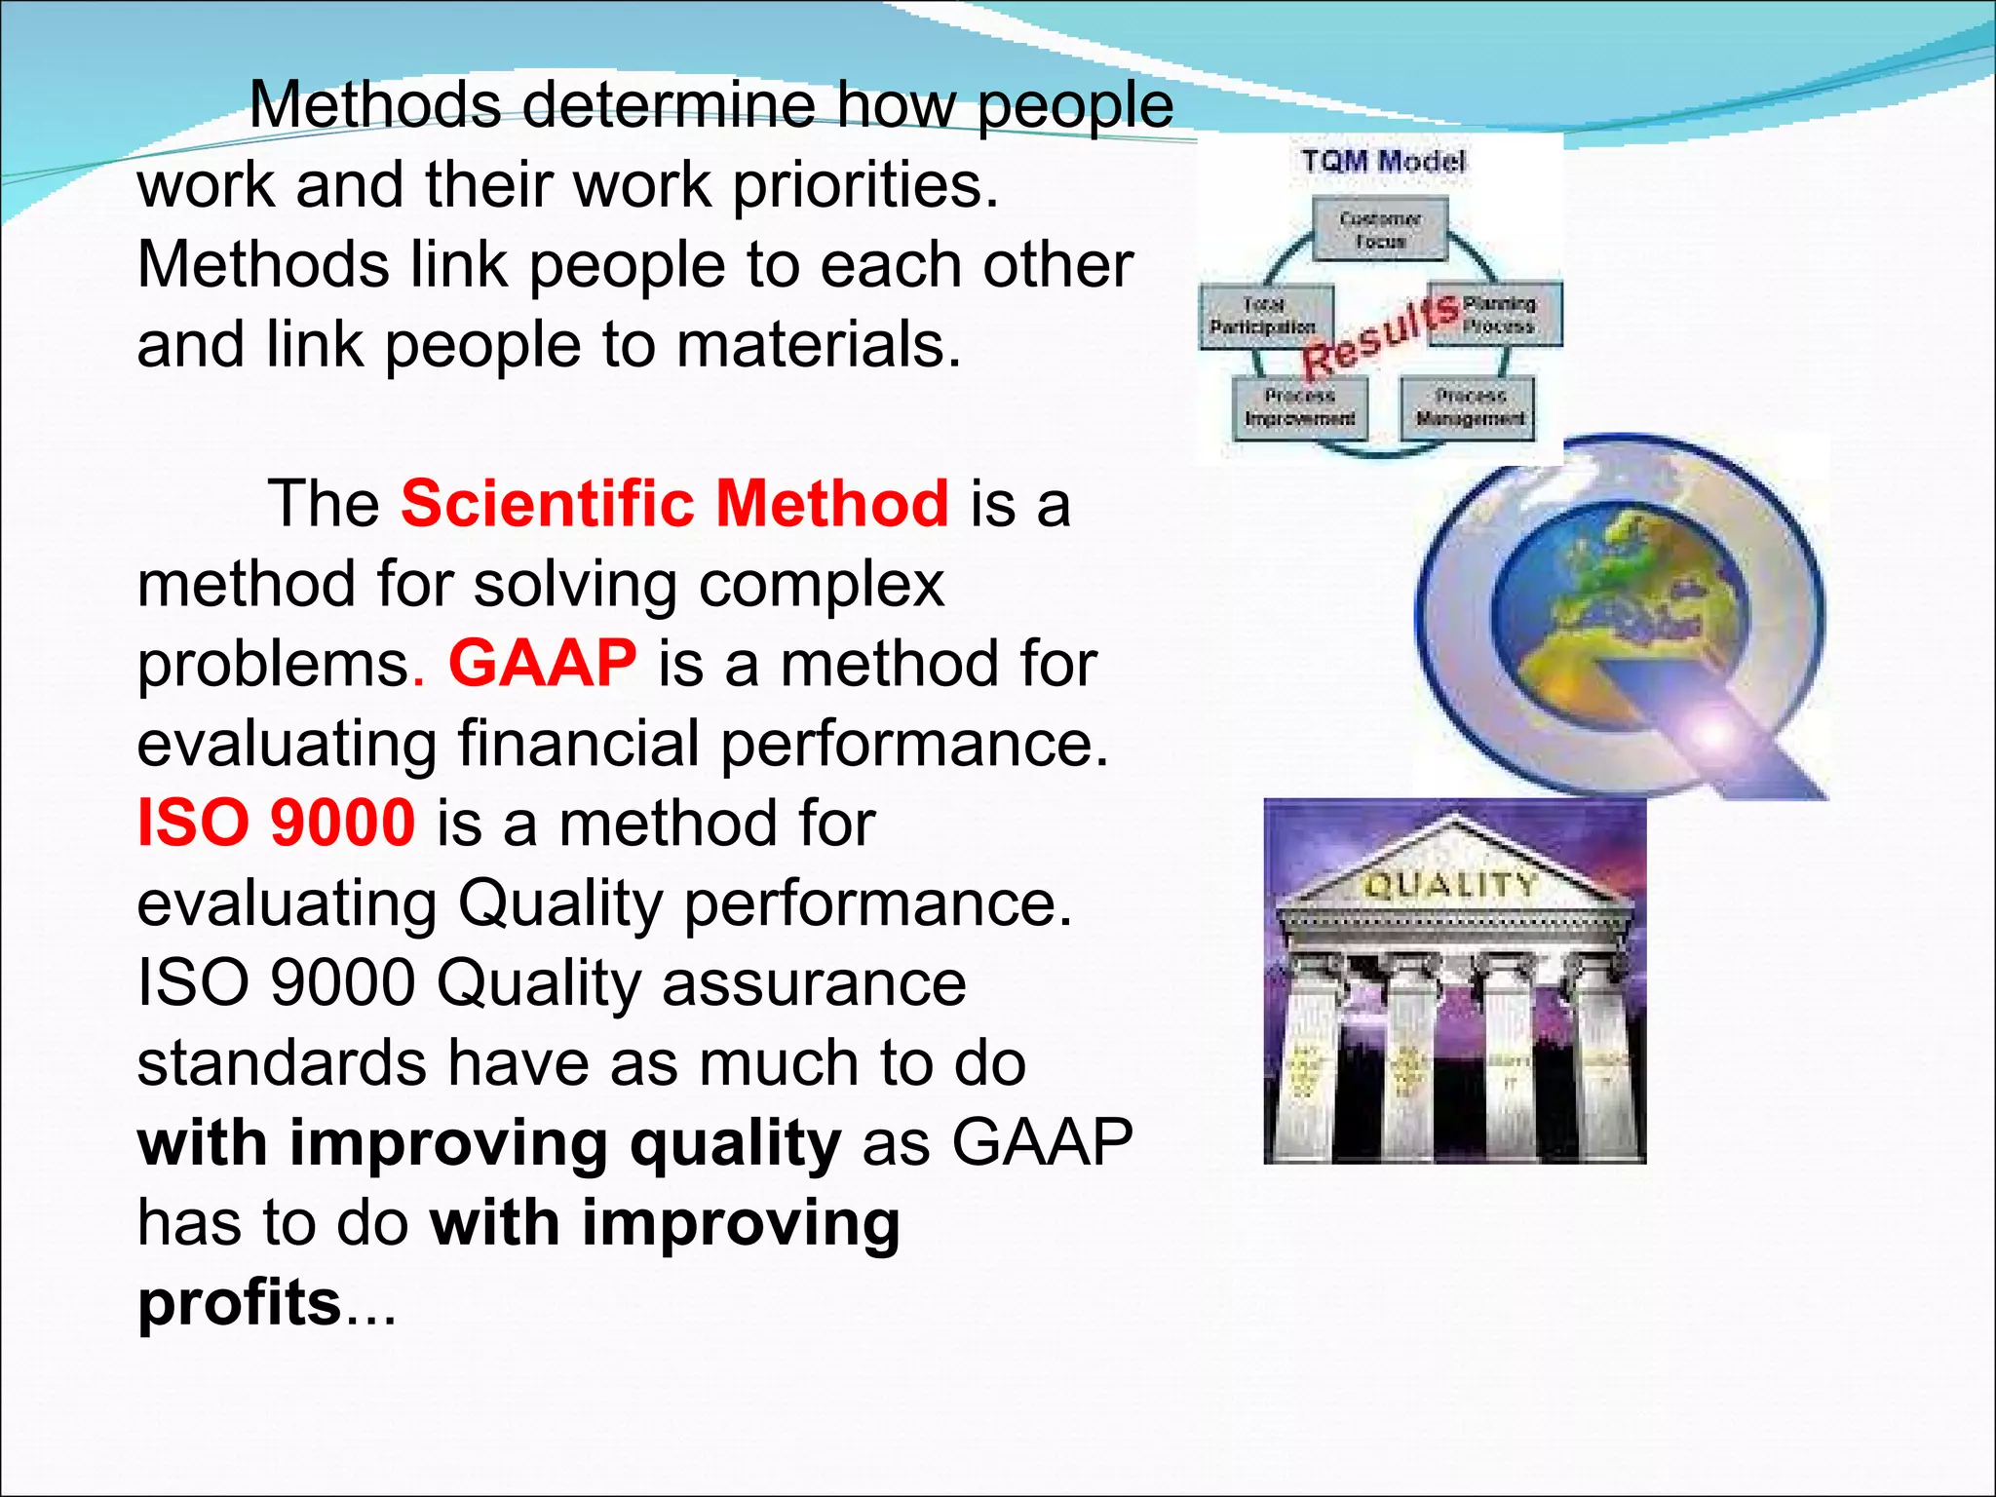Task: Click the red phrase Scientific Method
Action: [x=674, y=504]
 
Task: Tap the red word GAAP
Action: [x=542, y=664]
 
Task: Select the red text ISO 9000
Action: [x=277, y=824]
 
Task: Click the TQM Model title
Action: [x=1383, y=162]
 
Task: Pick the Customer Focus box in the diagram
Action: [x=1380, y=230]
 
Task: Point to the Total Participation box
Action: [x=1264, y=316]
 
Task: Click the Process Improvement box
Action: [x=1299, y=407]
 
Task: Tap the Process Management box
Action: [x=1470, y=407]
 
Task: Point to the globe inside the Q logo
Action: [x=1618, y=604]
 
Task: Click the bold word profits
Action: [x=239, y=1303]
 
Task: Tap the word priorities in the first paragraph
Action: [x=865, y=185]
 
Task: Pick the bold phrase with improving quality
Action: [x=488, y=1143]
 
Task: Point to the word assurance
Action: [x=814, y=983]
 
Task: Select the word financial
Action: [x=579, y=744]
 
